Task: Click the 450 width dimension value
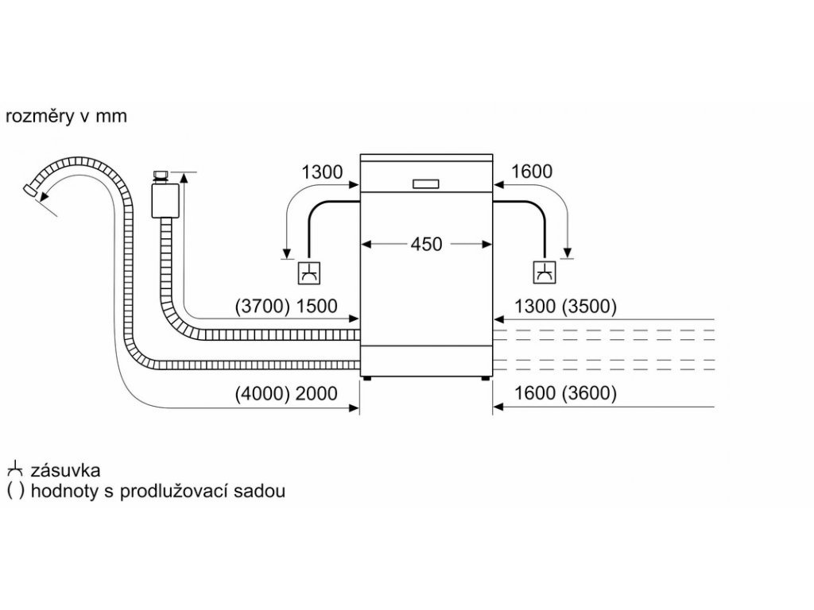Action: [426, 245]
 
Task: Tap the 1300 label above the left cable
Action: [322, 172]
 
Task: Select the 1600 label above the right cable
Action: [532, 172]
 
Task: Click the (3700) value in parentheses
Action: [261, 306]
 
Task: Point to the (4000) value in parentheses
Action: [261, 393]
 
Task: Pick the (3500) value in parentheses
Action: [590, 306]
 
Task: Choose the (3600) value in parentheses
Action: [590, 393]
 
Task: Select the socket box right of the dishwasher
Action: [545, 272]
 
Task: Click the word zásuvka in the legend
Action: [64, 471]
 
